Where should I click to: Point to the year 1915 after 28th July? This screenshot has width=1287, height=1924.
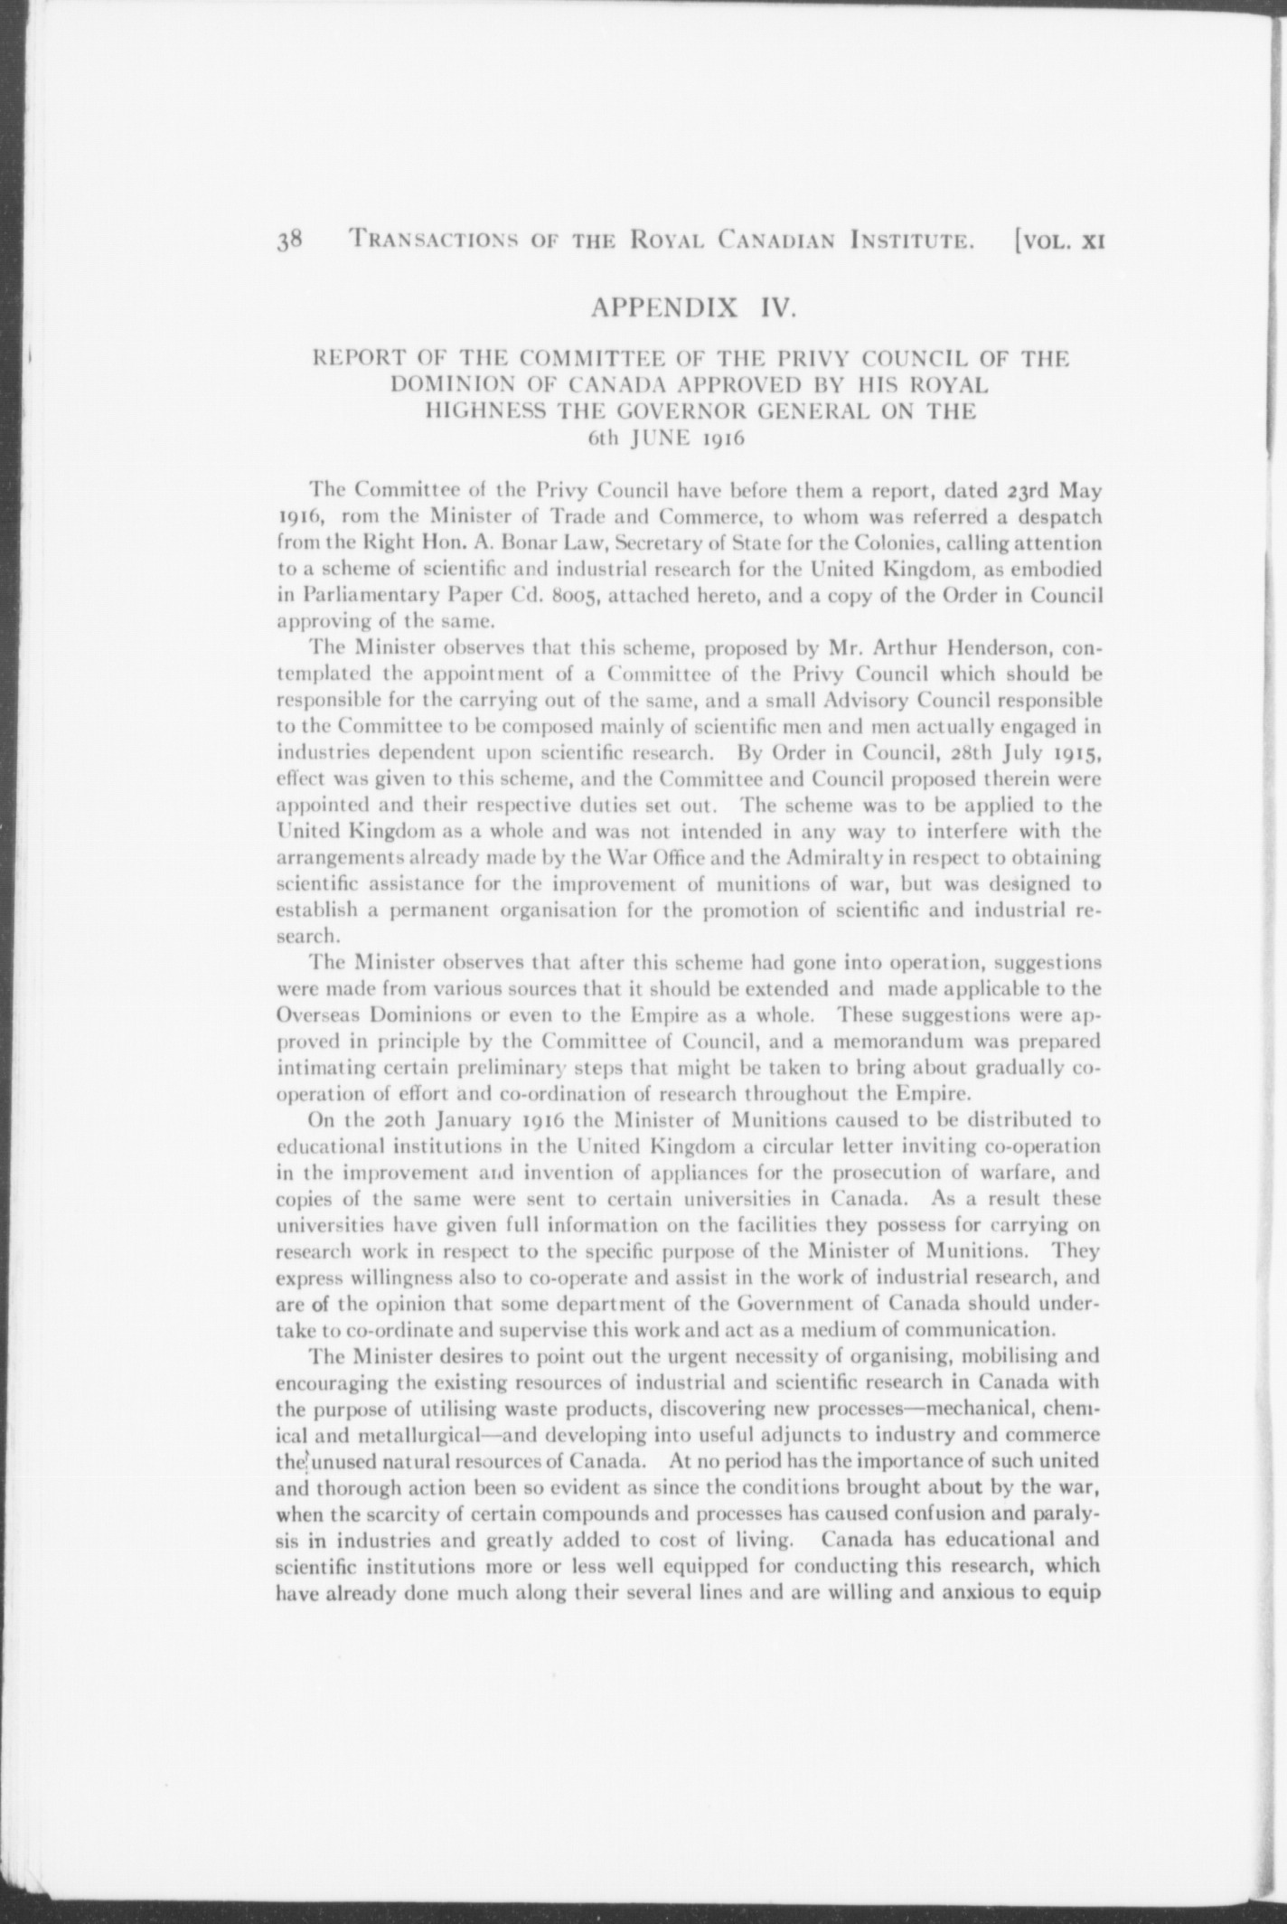tap(1075, 753)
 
